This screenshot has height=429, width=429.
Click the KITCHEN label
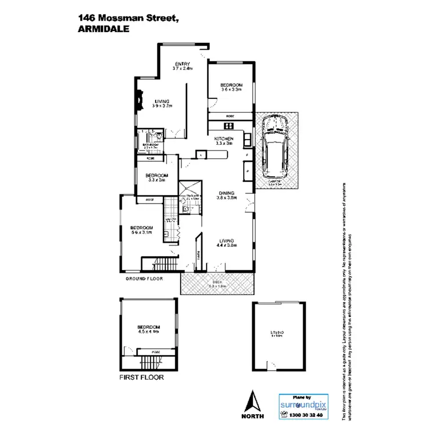pos(224,141)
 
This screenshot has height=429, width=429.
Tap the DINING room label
pos(227,196)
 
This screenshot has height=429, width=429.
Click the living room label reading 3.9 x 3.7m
pos(162,104)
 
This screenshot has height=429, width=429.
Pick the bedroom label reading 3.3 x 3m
pos(156,177)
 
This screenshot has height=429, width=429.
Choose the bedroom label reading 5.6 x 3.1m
pos(140,230)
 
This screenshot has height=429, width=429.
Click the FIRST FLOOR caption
pos(141,378)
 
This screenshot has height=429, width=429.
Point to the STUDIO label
pos(277,333)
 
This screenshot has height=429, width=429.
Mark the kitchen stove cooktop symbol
pos(229,126)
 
